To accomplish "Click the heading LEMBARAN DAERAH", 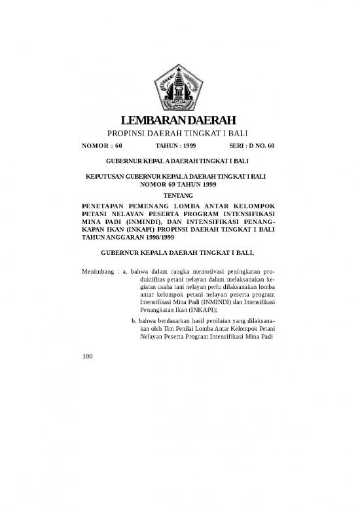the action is coord(180,120).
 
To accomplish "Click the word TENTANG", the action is coord(180,195).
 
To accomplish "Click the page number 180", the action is coord(83,357).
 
